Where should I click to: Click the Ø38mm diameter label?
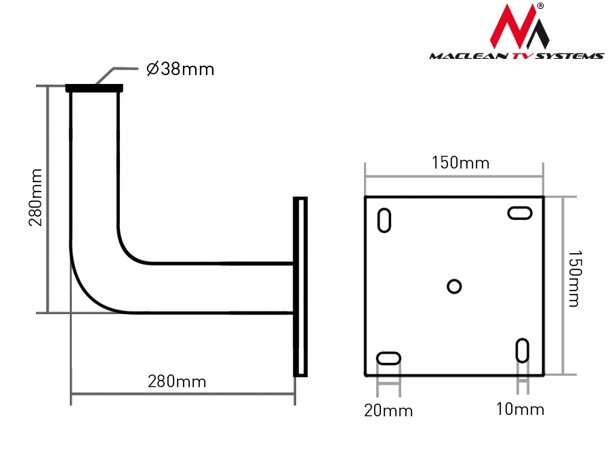click(x=180, y=69)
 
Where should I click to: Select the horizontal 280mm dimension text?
click(x=177, y=381)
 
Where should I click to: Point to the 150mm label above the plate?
click(x=460, y=163)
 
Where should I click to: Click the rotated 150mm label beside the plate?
click(x=573, y=278)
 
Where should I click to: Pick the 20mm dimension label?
click(x=388, y=410)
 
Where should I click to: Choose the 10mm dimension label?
click(x=520, y=410)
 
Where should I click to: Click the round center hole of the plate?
click(x=454, y=286)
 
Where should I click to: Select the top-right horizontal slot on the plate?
click(x=521, y=213)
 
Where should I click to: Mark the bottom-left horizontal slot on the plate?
click(x=389, y=358)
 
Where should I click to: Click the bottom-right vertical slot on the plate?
click(x=523, y=350)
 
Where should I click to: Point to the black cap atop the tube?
click(x=94, y=88)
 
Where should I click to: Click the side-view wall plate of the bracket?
click(x=300, y=286)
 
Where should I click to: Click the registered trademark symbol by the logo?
click(x=540, y=6)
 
